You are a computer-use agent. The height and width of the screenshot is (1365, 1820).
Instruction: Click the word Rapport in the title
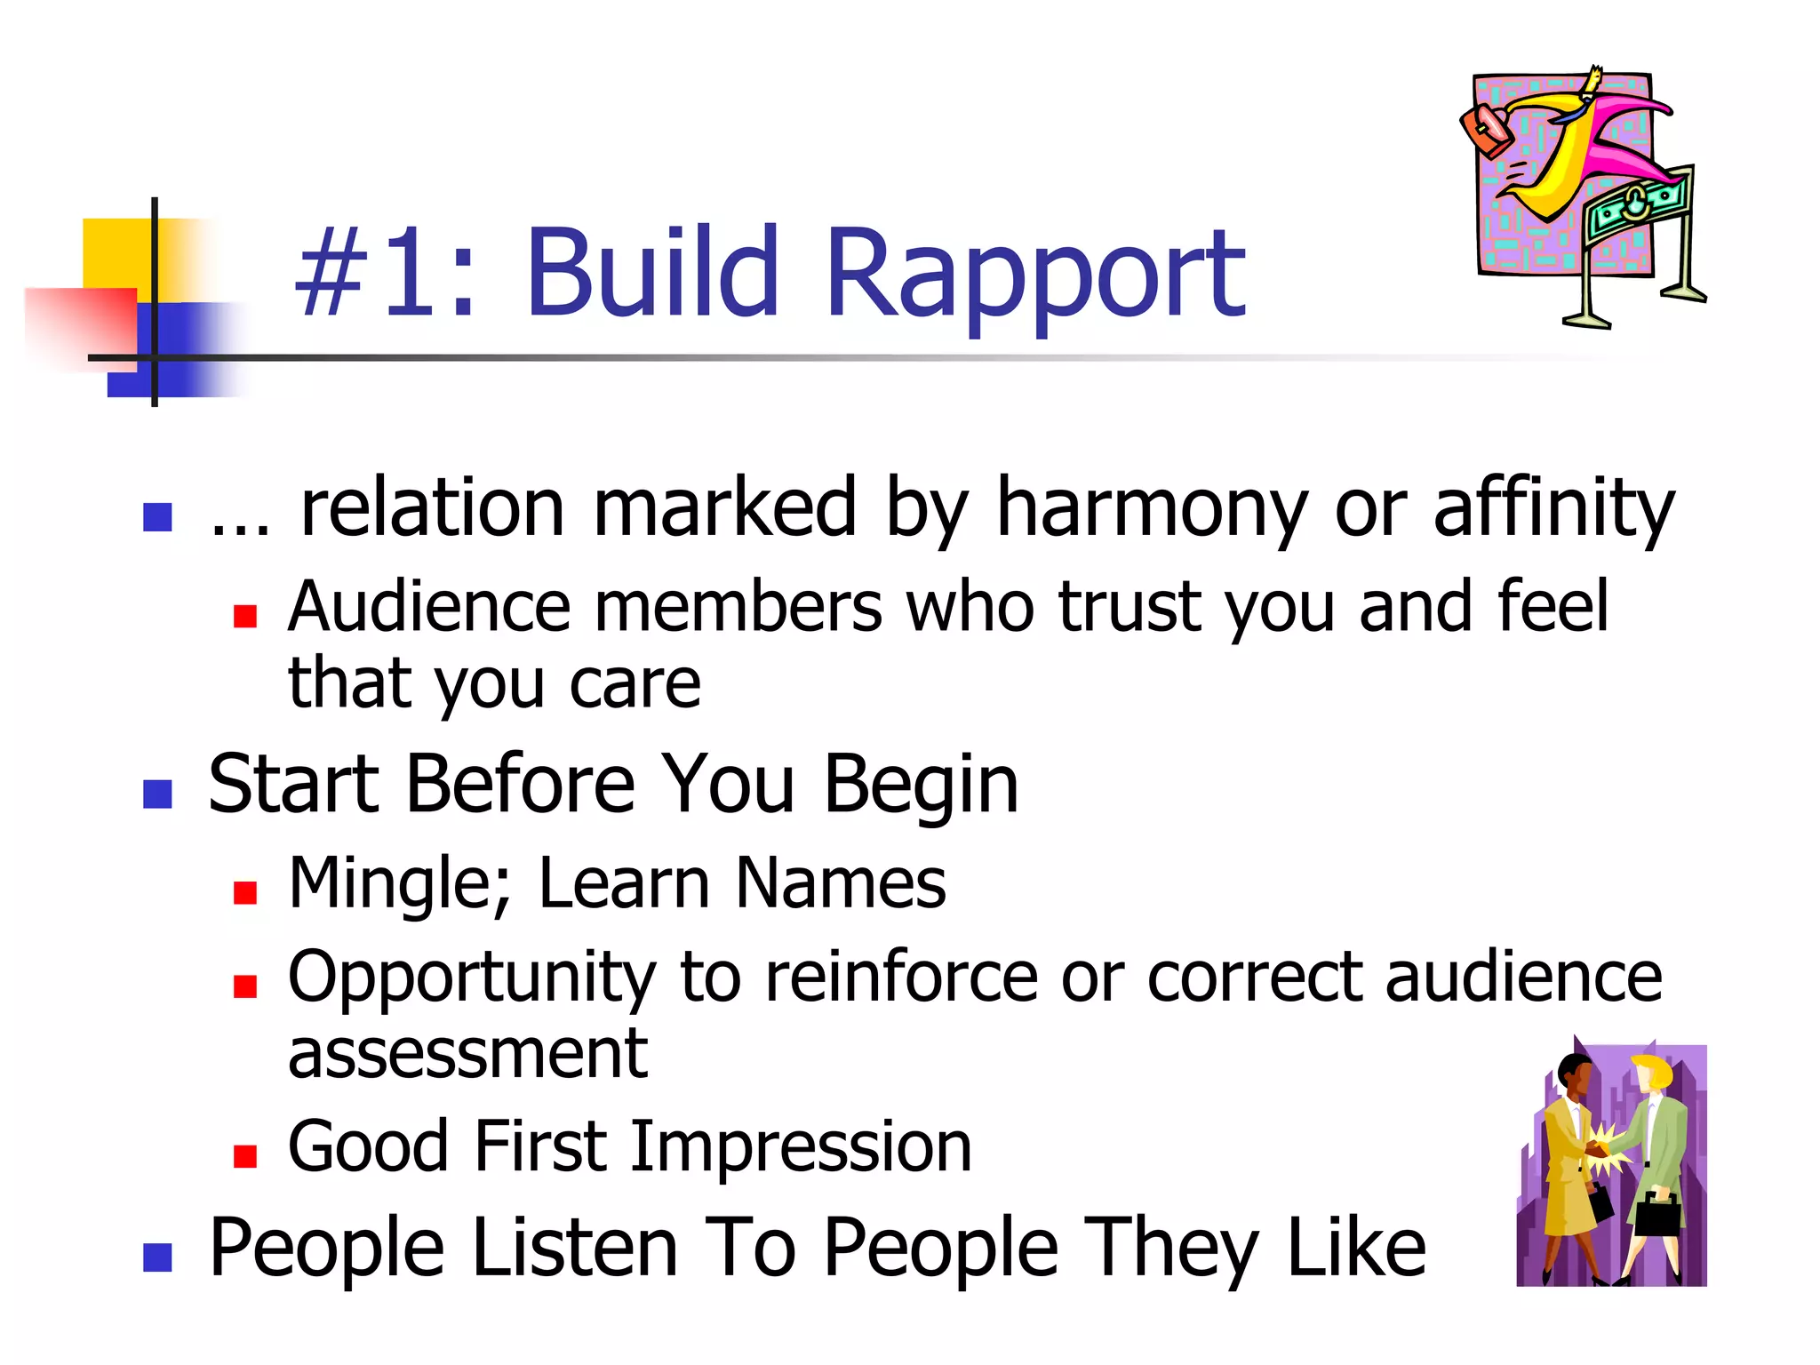pyautogui.click(x=1035, y=275)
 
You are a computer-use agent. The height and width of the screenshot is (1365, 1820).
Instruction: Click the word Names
pyautogui.click(x=841, y=883)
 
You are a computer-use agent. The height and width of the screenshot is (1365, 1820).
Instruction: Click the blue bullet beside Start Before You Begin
pyautogui.click(x=157, y=793)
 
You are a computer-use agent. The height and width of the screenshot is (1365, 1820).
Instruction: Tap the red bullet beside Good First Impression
pyautogui.click(x=245, y=1155)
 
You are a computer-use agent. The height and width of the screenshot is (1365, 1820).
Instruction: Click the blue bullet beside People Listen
pyautogui.click(x=157, y=1257)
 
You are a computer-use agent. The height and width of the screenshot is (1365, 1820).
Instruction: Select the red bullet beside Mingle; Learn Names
pyautogui.click(x=245, y=892)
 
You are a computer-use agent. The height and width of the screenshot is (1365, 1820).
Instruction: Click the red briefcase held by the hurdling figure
pyautogui.click(x=1487, y=129)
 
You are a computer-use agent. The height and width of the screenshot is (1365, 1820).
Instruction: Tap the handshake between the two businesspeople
pyautogui.click(x=1604, y=1147)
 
